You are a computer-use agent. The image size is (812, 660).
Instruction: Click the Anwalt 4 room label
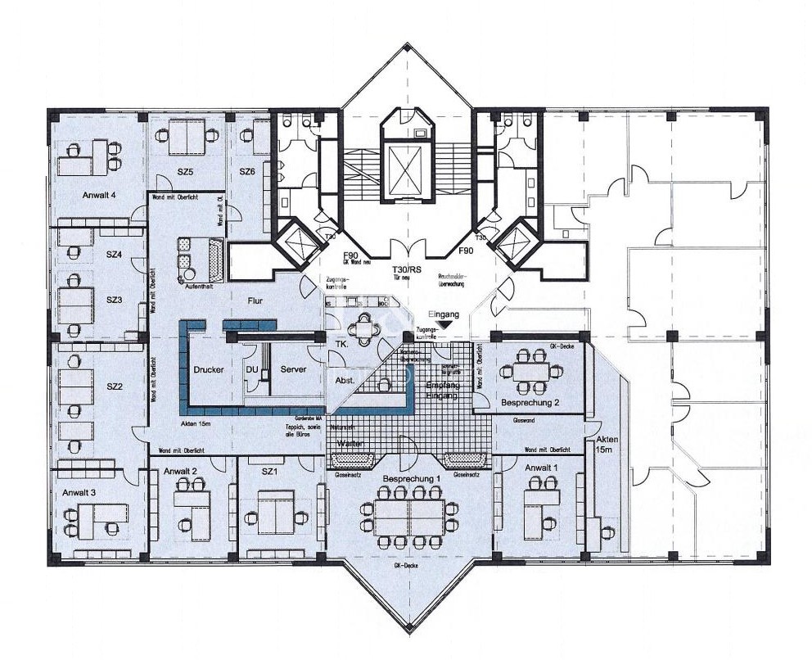pyautogui.click(x=99, y=196)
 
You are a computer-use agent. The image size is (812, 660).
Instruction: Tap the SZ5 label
pyautogui.click(x=185, y=172)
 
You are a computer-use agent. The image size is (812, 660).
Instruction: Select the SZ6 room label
pyautogui.click(x=247, y=171)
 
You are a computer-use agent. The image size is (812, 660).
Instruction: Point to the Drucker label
pyautogui.click(x=209, y=369)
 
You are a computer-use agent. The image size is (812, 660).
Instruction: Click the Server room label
pyautogui.click(x=293, y=369)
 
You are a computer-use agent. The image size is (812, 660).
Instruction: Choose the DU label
pyautogui.click(x=252, y=369)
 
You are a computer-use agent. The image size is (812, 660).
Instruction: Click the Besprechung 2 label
pyautogui.click(x=530, y=403)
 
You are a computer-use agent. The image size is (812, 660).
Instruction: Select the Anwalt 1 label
pyautogui.click(x=541, y=468)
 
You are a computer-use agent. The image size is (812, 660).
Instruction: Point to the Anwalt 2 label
pyautogui.click(x=181, y=471)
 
